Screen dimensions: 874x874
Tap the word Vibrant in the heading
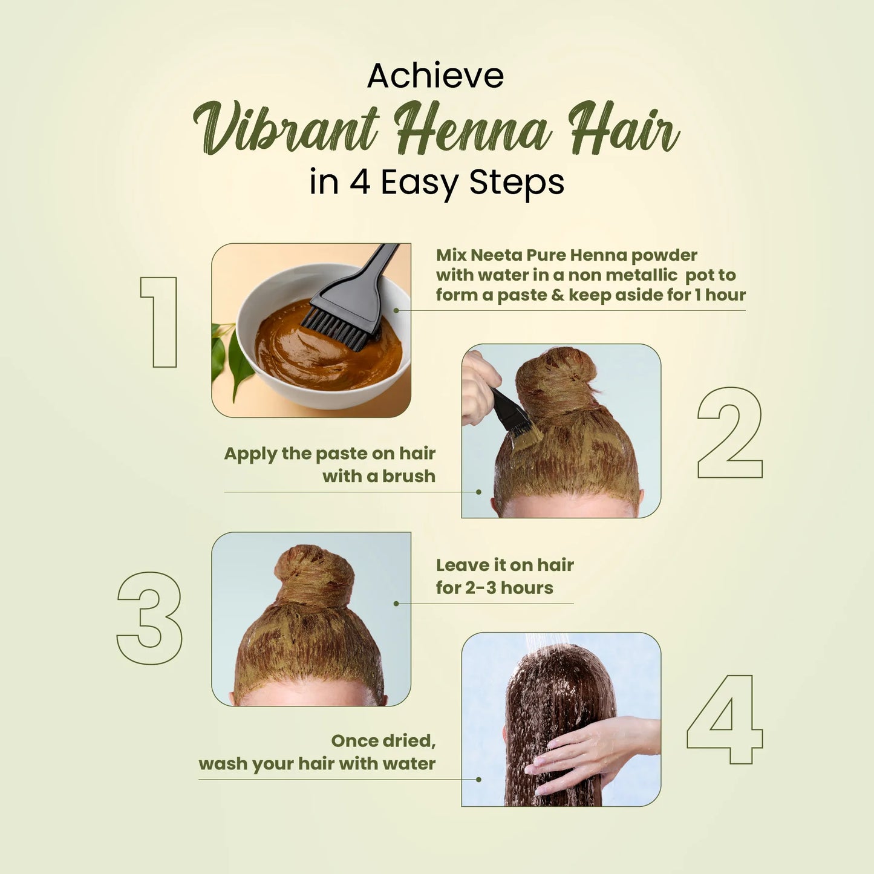tap(286, 128)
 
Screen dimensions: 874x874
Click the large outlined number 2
tap(730, 432)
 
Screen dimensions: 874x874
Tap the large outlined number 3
tap(149, 618)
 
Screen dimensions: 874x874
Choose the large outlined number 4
tap(725, 719)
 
